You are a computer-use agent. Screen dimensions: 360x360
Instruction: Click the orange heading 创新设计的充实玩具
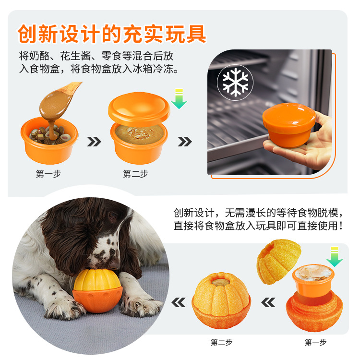point(112,34)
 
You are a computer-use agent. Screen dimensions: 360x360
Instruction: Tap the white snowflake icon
point(235,82)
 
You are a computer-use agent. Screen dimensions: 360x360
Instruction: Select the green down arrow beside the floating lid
point(179,99)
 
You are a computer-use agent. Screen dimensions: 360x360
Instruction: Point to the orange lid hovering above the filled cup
point(139,109)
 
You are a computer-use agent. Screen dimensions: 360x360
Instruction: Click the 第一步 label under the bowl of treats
point(48,174)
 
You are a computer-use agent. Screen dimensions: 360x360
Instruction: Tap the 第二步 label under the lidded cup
point(135,174)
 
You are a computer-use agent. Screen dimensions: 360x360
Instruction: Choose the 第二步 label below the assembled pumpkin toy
point(222,342)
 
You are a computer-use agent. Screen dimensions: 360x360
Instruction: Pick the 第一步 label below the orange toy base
point(315,342)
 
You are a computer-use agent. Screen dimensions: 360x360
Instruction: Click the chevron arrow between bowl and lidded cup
point(94,142)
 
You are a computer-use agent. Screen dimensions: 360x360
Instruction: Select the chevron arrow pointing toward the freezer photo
point(185,142)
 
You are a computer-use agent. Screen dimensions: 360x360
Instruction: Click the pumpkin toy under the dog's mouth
point(97,291)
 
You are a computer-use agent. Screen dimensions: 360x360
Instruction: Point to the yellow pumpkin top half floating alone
point(278,261)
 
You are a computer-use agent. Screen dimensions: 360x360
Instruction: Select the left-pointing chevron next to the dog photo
point(179,302)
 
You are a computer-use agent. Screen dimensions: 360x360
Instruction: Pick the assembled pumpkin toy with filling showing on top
point(221,300)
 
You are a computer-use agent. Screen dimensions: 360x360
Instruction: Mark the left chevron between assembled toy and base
point(268,302)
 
